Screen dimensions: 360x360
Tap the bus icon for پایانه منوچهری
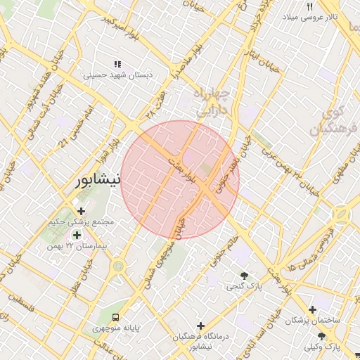pyautogui.click(x=116, y=316)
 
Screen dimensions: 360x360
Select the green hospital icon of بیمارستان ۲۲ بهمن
pyautogui.click(x=77, y=234)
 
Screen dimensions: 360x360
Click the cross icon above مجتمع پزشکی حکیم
pyautogui.click(x=82, y=210)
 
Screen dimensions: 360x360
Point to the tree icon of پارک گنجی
pyautogui.click(x=244, y=276)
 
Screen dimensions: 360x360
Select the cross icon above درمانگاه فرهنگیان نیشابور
pyautogui.click(x=201, y=326)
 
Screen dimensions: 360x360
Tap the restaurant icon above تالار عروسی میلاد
pyautogui.click(x=309, y=6)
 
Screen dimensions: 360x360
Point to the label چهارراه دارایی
pyautogui.click(x=212, y=101)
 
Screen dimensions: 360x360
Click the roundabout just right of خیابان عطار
pyautogui.click(x=118, y=266)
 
